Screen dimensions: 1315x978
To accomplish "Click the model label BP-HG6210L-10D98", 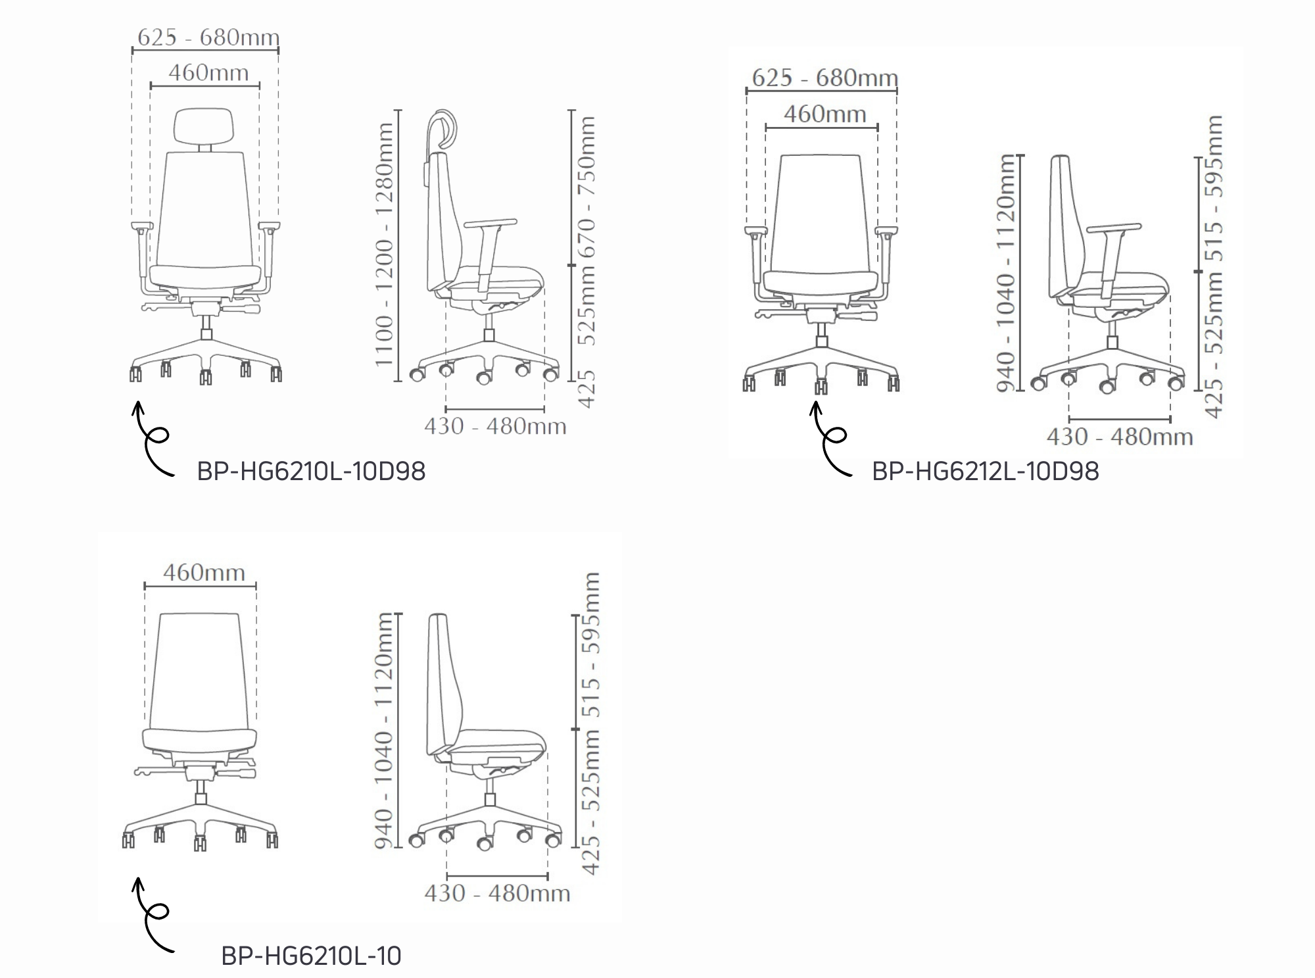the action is (x=311, y=472).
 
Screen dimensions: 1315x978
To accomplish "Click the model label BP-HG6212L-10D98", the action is (x=985, y=472).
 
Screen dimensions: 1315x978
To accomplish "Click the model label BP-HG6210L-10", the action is (x=311, y=956).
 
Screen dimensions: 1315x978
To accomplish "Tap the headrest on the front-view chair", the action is (x=205, y=124).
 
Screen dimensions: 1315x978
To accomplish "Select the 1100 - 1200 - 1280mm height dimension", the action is (x=385, y=245).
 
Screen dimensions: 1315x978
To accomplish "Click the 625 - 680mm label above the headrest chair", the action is (x=208, y=37).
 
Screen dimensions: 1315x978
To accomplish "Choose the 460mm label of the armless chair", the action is (x=204, y=573).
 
